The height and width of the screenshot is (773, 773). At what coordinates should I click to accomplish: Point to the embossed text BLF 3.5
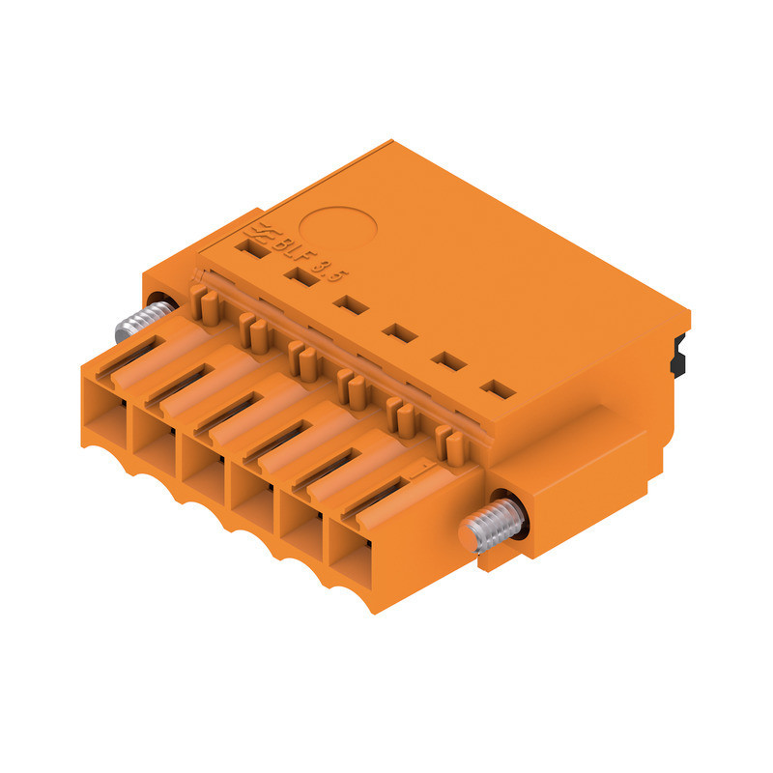307,261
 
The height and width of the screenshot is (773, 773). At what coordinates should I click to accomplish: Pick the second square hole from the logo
301,278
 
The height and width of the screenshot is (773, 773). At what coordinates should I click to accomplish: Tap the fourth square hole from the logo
397,332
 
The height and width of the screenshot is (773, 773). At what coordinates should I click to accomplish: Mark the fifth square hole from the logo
447,361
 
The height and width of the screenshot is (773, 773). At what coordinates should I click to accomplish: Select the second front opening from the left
155,438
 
